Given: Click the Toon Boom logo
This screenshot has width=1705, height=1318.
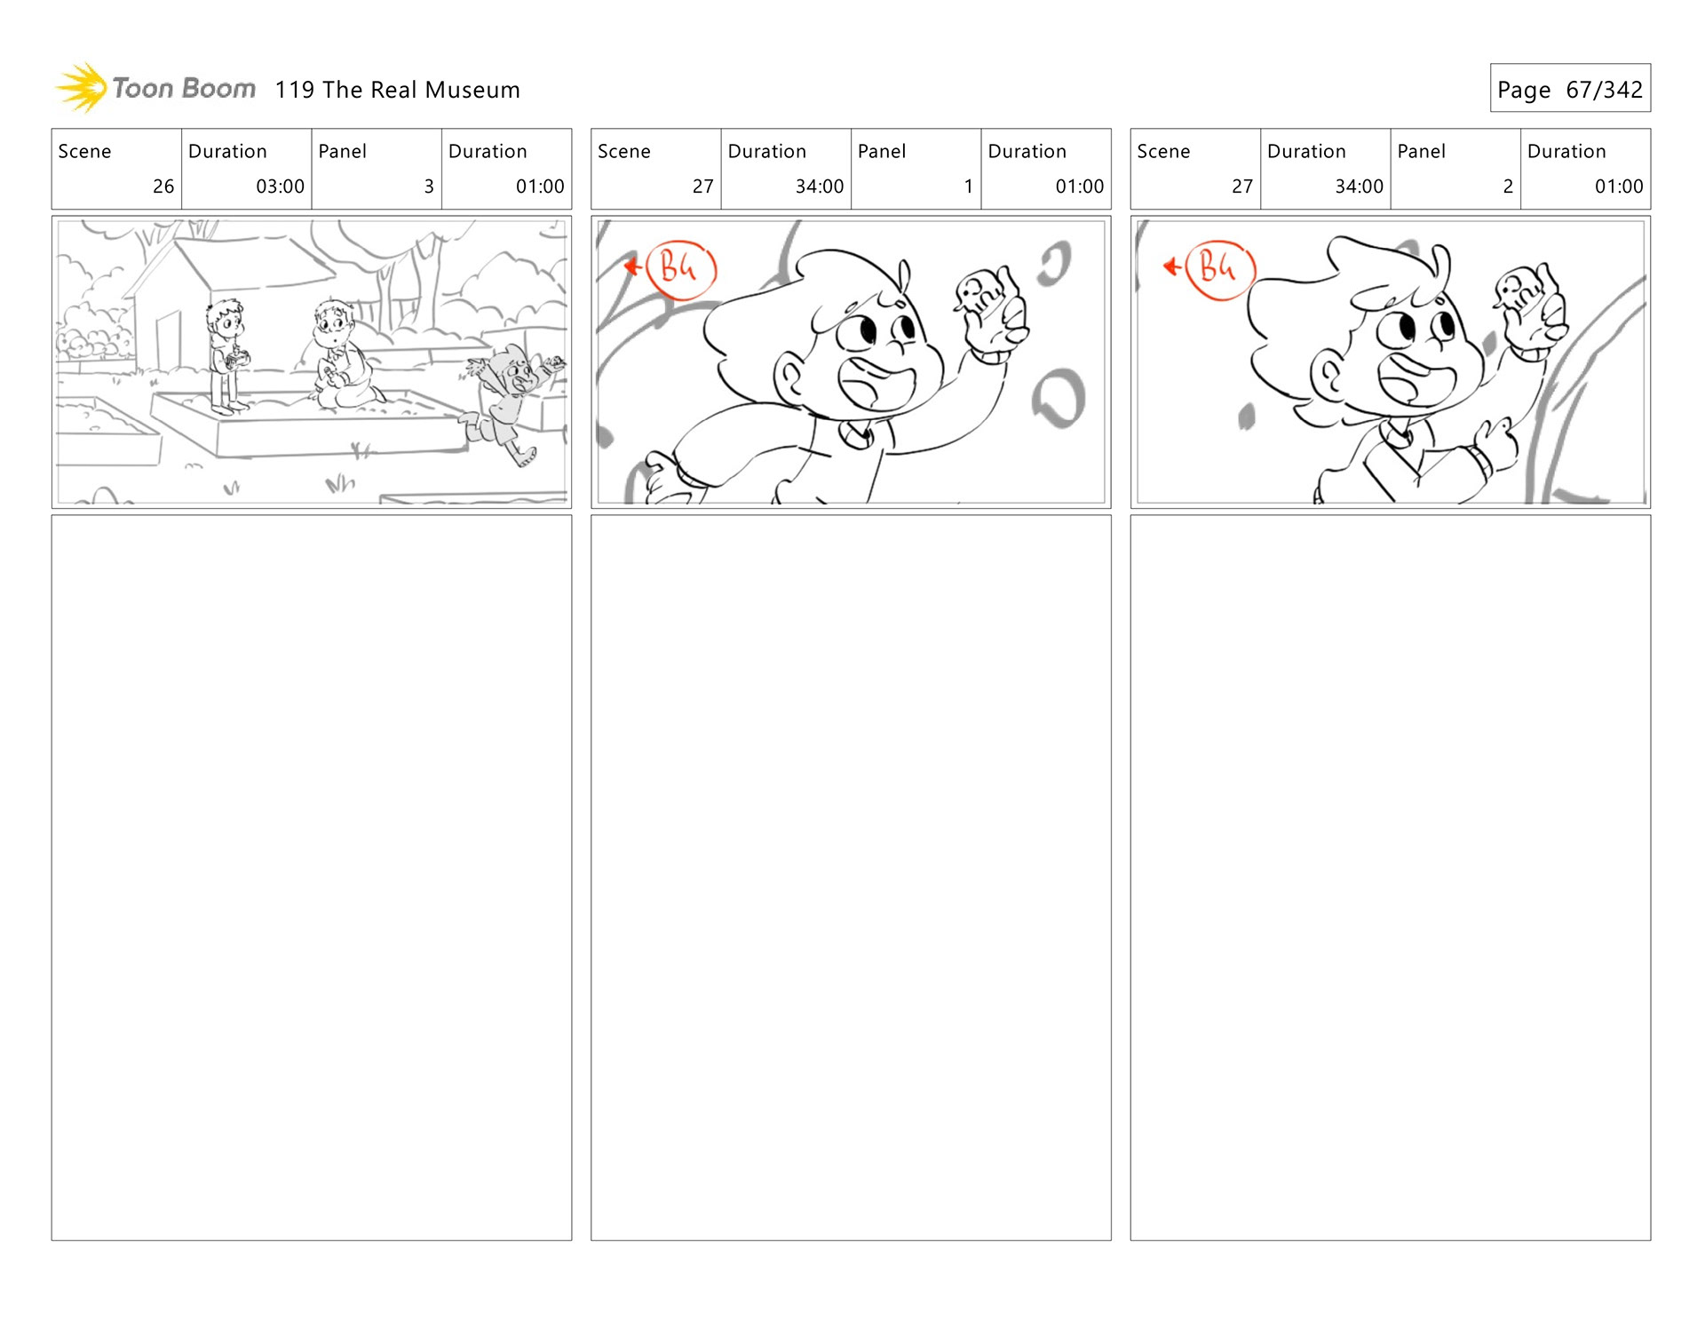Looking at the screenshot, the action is [x=155, y=88].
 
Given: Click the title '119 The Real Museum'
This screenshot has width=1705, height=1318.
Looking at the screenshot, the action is [x=397, y=90].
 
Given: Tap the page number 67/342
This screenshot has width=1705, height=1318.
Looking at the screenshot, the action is [x=1604, y=90].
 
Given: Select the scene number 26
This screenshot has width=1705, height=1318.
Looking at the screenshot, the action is [x=163, y=187].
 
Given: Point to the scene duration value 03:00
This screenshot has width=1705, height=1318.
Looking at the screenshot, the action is [x=280, y=187].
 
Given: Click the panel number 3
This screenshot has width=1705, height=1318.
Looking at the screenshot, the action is [x=429, y=187].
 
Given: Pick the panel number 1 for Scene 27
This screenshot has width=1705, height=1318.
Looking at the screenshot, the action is [x=968, y=187].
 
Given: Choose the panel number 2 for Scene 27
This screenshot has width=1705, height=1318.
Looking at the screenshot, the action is [x=1508, y=187].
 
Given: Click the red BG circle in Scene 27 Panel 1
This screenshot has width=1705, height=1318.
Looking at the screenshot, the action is [x=680, y=269].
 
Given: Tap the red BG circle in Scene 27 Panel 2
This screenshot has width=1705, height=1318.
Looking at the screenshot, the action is [x=1220, y=269].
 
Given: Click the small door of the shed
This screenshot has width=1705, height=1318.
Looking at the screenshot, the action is [x=168, y=342].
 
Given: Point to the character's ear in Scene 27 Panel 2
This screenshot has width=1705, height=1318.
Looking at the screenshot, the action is [x=1328, y=376].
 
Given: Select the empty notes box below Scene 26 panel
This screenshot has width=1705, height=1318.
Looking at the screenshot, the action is [x=312, y=877].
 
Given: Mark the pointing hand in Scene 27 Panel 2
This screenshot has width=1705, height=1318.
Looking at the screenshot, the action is [x=1496, y=444].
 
